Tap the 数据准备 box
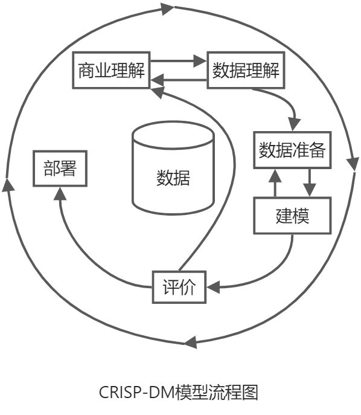pyautogui.click(x=292, y=150)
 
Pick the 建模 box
pyautogui.click(x=292, y=216)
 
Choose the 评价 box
pyautogui.click(x=179, y=287)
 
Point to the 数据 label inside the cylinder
pyautogui.click(x=173, y=178)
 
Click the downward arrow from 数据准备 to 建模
pyautogui.click(x=310, y=182)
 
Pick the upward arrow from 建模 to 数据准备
pyautogui.click(x=275, y=182)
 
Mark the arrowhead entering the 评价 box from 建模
pyautogui.click(x=212, y=288)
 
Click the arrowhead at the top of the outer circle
pyautogui.click(x=167, y=8)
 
